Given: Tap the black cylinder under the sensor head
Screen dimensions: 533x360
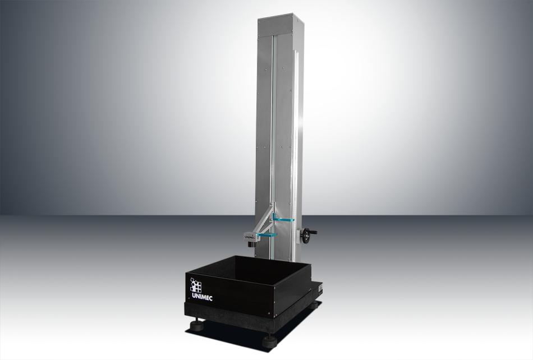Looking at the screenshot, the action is tap(252, 243).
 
